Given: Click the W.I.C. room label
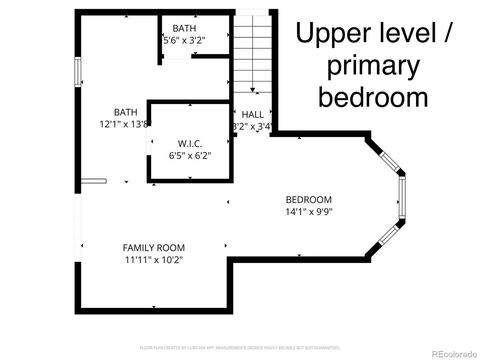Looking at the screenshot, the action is pyautogui.click(x=190, y=144).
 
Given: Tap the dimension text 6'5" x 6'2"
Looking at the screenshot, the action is pyautogui.click(x=190, y=156).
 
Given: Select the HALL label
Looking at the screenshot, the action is pyautogui.click(x=253, y=115).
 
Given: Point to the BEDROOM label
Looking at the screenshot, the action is pyautogui.click(x=309, y=200).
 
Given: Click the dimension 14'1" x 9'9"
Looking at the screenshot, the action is pyautogui.click(x=309, y=211).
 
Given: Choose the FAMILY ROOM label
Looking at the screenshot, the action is pyautogui.click(x=154, y=248).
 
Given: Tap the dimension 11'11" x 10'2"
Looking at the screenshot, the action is pyautogui.click(x=154, y=260).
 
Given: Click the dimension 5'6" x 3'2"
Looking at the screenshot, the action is pyautogui.click(x=184, y=40).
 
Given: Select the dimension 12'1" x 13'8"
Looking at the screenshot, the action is pyautogui.click(x=125, y=124).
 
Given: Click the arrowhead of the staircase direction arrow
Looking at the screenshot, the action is pyautogui.click(x=253, y=90).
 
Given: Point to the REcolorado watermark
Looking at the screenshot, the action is pyautogui.click(x=454, y=354).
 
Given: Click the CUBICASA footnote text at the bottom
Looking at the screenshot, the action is pyautogui.click(x=240, y=348).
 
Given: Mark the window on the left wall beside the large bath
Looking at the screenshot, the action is pyautogui.click(x=78, y=72).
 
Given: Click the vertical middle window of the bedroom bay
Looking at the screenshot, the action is pyautogui.click(x=402, y=198).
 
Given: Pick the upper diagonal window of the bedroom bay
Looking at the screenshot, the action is pyautogui.click(x=389, y=161).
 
